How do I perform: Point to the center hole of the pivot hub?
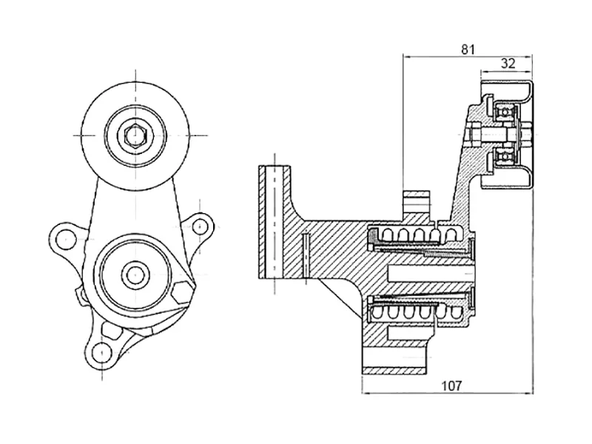point(134,275)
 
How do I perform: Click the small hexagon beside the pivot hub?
point(180,291)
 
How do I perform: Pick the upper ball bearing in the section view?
point(506,111)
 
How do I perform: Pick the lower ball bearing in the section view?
point(506,158)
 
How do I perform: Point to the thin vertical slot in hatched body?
point(303,255)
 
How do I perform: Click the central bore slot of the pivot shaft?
point(429,274)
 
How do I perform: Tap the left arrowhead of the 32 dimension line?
point(483,73)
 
